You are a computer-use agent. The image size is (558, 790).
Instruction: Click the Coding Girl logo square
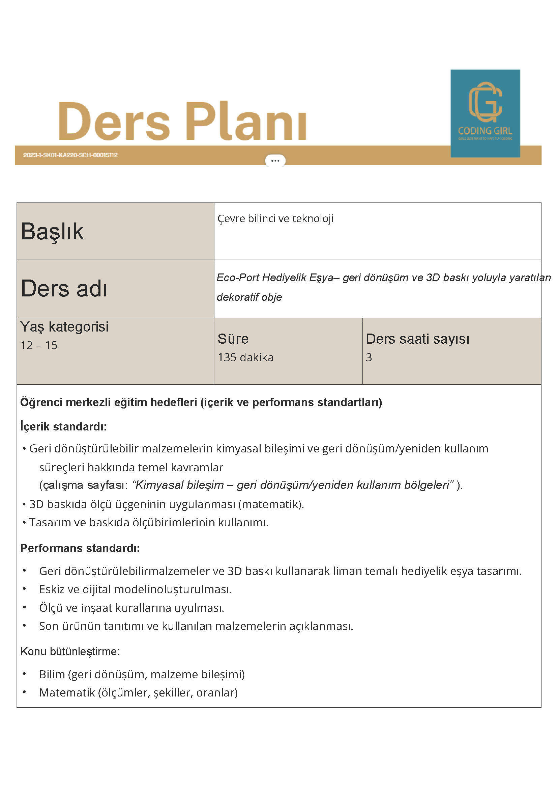coord(485,113)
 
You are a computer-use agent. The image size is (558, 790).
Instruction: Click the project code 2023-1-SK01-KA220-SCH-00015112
coord(70,155)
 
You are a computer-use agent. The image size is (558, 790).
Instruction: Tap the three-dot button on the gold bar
coord(275,161)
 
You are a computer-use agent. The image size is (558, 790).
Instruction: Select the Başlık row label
coord(52,231)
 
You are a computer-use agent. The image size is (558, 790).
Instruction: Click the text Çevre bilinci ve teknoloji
coord(275,218)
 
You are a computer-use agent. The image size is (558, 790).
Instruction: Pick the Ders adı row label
coord(64,288)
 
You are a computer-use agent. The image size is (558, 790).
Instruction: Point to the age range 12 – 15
coord(39,345)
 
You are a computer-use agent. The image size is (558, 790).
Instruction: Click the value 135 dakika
coord(246,358)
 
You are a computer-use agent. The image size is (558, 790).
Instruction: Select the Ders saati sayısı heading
coord(417,339)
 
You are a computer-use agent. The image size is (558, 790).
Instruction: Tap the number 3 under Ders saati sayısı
coord(369,358)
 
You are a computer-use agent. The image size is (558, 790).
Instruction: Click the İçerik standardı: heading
coord(64,427)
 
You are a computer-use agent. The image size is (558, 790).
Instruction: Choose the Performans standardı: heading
coord(80,548)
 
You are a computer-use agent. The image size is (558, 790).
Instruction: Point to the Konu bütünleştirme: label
coord(70,651)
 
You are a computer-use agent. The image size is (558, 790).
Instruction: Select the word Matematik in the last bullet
coord(67,692)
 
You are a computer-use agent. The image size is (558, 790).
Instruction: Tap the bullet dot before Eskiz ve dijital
coord(24,589)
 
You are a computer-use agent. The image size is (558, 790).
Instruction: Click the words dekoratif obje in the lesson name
coord(249,297)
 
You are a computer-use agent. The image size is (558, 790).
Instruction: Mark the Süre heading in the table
coord(233,339)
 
